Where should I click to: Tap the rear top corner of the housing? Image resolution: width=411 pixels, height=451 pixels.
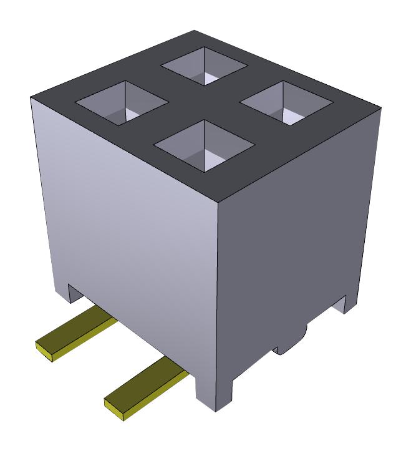195,31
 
